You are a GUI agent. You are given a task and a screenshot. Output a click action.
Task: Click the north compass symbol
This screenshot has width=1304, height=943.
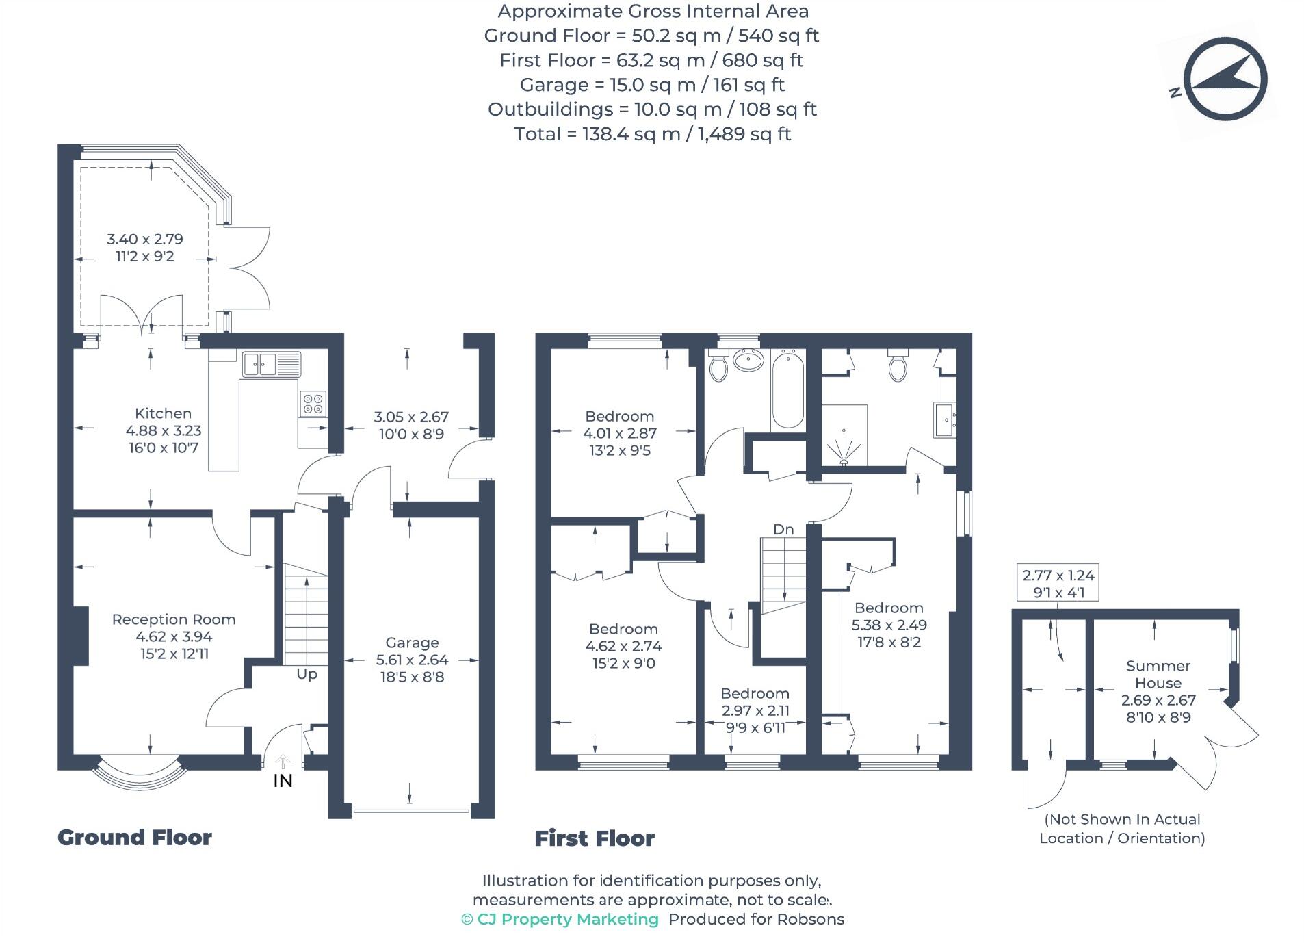1224,79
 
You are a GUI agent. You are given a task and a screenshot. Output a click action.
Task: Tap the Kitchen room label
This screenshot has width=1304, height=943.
163,413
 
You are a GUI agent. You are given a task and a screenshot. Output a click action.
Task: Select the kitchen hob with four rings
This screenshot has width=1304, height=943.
313,403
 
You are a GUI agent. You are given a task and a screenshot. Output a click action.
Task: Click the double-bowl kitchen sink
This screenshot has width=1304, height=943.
271,363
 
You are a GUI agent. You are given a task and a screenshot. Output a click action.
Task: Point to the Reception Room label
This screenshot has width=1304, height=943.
174,619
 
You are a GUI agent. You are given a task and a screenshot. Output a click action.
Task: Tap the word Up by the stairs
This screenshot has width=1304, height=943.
307,674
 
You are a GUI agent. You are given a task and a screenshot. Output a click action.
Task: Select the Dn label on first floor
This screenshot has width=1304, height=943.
783,529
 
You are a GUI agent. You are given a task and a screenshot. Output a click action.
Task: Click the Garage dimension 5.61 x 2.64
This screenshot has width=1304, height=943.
412,660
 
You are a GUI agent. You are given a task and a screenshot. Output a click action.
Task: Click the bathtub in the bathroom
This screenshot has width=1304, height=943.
787,389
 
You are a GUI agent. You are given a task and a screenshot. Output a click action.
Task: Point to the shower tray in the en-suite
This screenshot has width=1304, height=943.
844,435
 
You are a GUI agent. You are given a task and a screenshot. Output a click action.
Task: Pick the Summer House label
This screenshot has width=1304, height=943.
1158,674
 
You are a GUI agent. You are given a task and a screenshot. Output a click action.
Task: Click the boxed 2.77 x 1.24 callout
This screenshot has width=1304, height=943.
1058,583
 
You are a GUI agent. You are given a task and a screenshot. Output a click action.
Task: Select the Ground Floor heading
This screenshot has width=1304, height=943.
135,837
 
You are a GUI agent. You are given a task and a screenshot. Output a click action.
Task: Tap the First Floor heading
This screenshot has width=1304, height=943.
594,838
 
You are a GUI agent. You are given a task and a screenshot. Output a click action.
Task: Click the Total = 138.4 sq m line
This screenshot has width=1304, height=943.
652,133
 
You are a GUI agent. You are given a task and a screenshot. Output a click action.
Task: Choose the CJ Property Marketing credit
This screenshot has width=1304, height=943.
560,919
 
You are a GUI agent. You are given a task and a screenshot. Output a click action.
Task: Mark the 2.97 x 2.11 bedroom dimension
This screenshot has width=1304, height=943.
755,710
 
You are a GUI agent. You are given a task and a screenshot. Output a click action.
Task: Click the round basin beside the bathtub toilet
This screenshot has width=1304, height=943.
748,360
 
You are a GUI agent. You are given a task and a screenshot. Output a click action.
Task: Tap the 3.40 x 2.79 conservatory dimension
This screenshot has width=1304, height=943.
144,239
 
